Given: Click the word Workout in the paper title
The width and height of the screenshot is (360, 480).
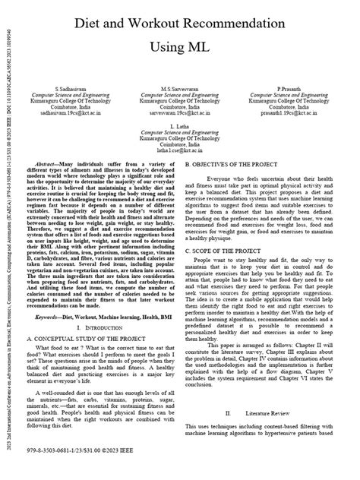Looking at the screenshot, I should pyautogui.click(x=164, y=25).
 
